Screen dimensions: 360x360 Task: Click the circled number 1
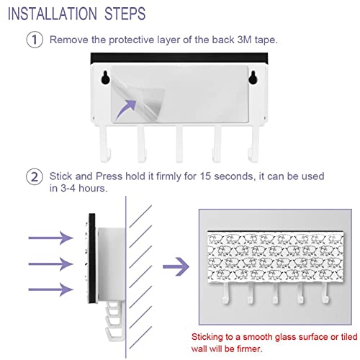click(35, 40)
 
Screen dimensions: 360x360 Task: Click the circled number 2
click(35, 176)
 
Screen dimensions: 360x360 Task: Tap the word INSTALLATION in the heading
click(53, 14)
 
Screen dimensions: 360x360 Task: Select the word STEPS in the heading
click(125, 14)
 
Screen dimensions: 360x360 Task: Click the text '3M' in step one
click(245, 40)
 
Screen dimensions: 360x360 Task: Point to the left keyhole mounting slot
click(105, 78)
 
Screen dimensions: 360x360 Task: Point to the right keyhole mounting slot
click(253, 78)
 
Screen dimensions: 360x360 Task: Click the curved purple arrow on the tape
click(126, 109)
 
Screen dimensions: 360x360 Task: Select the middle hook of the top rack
click(179, 144)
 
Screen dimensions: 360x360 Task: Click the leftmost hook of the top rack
click(104, 144)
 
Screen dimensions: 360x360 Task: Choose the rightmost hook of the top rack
click(253, 144)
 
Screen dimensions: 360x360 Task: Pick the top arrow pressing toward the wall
click(51, 238)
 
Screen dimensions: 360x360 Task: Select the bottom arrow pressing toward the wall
click(51, 289)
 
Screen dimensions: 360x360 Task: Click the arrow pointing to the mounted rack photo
click(176, 266)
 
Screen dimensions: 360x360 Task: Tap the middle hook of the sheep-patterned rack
click(276, 293)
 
